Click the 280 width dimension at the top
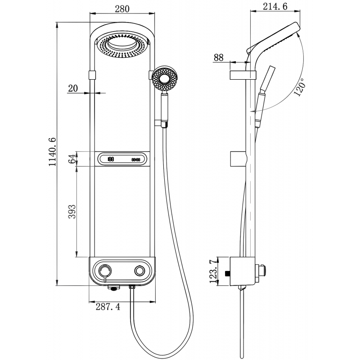[122, 9]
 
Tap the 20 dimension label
[73, 88]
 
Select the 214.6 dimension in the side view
[274, 7]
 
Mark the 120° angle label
[299, 86]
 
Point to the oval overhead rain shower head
[122, 45]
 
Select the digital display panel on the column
[122, 159]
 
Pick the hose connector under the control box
[132, 287]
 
